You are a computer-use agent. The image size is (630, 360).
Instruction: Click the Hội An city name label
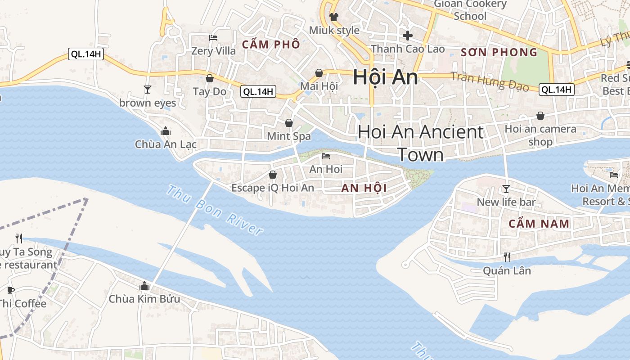point(386,77)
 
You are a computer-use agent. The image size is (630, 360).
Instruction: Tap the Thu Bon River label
point(214,210)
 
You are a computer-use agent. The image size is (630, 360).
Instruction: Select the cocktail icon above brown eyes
point(147,89)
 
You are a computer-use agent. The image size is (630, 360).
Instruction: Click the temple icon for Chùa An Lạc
point(166,131)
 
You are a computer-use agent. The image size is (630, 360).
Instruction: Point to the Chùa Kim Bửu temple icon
point(144,286)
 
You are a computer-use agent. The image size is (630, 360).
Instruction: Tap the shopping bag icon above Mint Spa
point(289,122)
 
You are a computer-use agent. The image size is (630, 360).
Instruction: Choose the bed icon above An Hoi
point(326,156)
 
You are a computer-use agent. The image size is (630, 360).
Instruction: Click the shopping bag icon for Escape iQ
point(272,175)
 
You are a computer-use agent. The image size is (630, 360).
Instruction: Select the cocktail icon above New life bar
point(506,189)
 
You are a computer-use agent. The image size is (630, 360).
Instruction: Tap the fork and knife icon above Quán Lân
point(507,257)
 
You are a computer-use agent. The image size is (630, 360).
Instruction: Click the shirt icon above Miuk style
point(333,17)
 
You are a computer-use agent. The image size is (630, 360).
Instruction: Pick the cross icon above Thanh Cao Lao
point(408,35)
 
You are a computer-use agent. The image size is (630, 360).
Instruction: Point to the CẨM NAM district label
point(539,224)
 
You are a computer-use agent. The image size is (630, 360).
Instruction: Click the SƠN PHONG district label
point(499,53)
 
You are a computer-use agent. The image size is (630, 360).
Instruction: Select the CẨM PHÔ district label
point(271,45)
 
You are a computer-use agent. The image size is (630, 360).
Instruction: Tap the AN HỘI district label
point(364,188)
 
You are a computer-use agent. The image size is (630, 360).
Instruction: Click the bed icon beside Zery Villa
point(213,37)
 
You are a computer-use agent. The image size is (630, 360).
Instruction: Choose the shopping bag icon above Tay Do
point(209,78)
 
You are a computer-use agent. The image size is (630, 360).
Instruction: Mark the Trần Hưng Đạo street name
point(490,81)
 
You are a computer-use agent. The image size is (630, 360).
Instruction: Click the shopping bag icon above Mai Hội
point(319,73)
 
